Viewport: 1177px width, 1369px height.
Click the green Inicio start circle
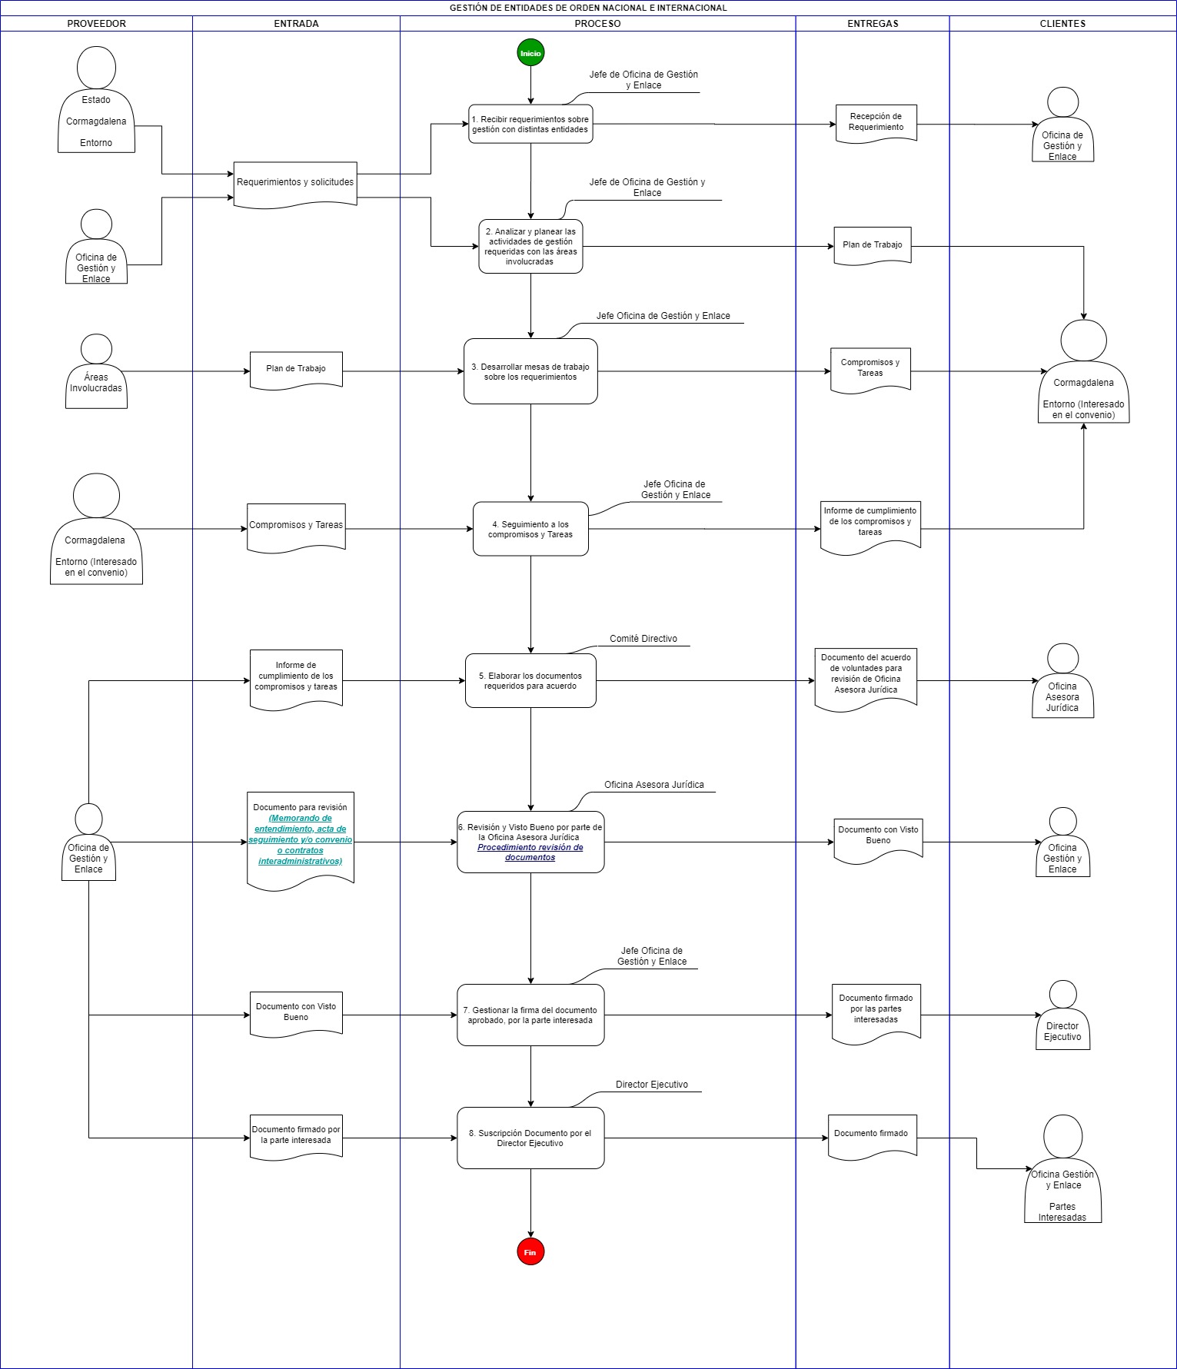tap(530, 53)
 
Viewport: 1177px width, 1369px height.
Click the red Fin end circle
tap(530, 1252)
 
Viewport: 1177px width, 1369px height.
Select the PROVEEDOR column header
tap(96, 24)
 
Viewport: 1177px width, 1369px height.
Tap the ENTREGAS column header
tap(873, 24)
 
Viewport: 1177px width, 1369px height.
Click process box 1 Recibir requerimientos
tap(530, 124)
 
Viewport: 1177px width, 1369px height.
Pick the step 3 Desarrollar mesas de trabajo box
tap(530, 371)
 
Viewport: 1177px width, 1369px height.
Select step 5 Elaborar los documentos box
tap(530, 680)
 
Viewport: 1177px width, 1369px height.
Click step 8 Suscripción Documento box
tap(530, 1138)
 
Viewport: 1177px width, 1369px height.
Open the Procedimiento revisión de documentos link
tap(530, 852)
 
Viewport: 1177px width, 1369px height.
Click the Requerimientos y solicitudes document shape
tap(295, 184)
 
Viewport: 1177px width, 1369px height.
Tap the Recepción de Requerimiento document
tap(876, 123)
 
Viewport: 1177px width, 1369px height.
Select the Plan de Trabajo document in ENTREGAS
tap(873, 246)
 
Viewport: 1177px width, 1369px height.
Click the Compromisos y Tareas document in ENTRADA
tap(296, 527)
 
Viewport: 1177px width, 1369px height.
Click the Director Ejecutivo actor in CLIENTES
tap(1062, 1015)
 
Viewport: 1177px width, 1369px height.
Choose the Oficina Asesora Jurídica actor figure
tap(1062, 680)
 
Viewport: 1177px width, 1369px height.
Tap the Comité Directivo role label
tap(643, 639)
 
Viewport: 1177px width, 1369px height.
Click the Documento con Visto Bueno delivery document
tap(879, 839)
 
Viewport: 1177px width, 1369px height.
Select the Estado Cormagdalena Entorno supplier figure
tap(96, 100)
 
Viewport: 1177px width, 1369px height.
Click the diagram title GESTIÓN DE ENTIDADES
tap(588, 8)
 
